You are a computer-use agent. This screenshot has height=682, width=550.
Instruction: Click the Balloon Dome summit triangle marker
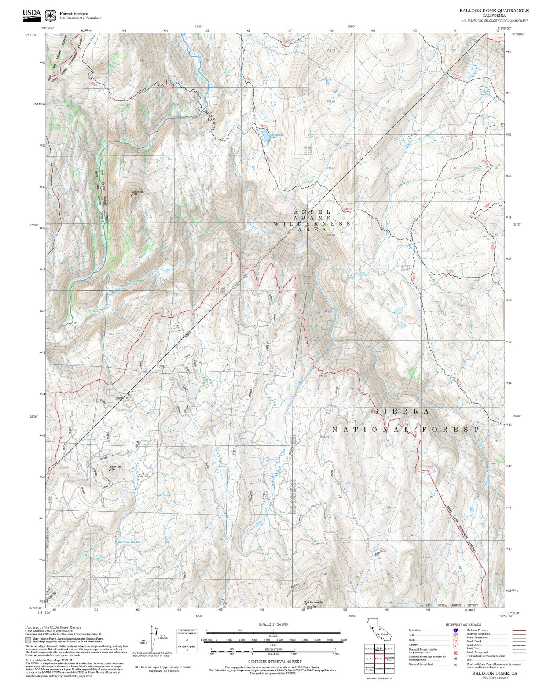[132, 196]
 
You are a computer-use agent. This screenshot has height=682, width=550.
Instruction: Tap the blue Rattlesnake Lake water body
[264, 136]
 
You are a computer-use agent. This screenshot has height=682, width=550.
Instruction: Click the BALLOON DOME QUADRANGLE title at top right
[494, 11]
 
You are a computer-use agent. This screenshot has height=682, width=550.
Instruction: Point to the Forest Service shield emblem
[50, 16]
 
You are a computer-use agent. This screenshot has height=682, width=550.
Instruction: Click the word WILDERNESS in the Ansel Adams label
[312, 223]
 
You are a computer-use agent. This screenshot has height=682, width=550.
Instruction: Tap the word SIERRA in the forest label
[401, 412]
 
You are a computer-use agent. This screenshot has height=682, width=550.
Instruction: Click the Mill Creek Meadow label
[128, 542]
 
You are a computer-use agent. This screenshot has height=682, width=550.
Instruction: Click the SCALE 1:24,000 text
[273, 624]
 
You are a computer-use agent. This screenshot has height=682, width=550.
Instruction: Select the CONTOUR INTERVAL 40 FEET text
[275, 661]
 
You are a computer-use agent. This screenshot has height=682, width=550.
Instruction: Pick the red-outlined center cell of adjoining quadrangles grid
[379, 658]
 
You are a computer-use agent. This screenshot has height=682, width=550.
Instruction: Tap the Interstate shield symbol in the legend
[455, 630]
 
